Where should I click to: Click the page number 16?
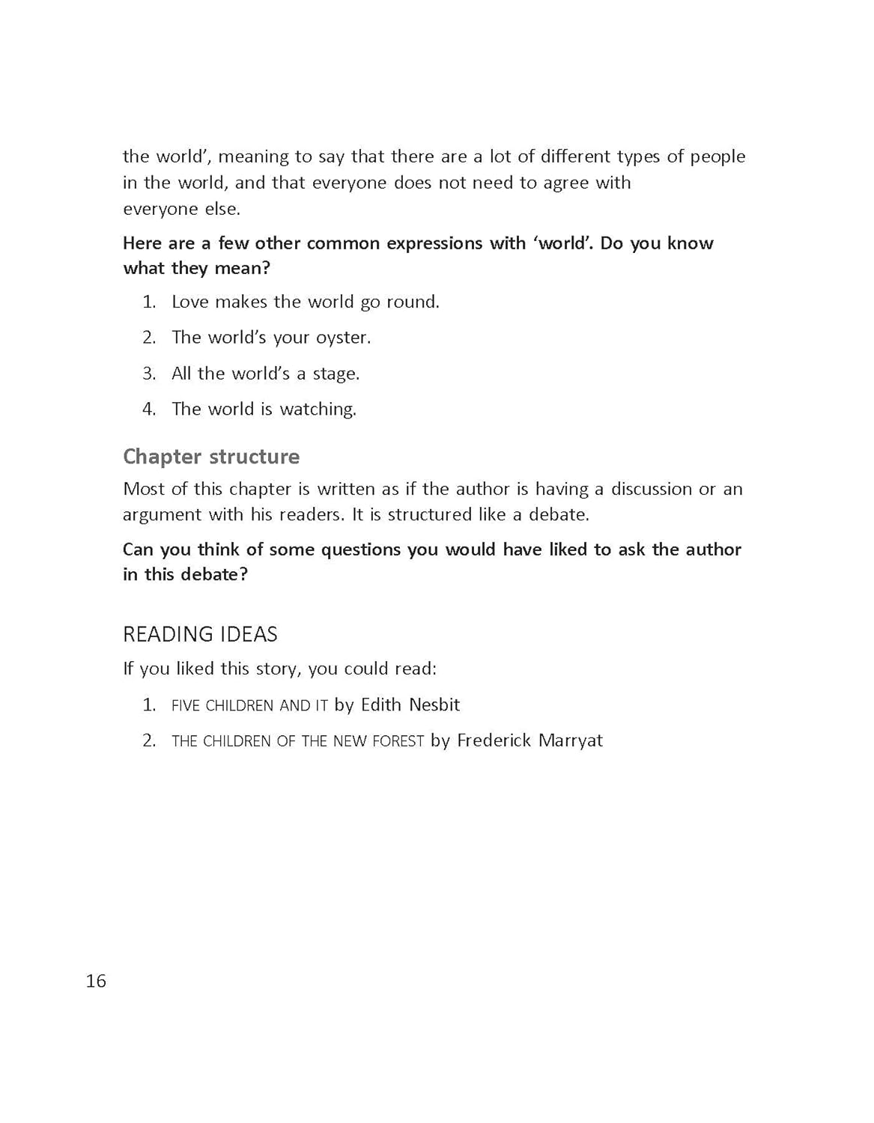(96, 981)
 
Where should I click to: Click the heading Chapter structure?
(211, 457)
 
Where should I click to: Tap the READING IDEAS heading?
(200, 634)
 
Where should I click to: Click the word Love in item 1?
(190, 302)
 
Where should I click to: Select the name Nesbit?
(434, 704)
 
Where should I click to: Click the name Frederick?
(492, 740)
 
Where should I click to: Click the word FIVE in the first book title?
(186, 705)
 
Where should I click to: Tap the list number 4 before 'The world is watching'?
(149, 410)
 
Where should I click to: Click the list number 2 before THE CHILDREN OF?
(149, 740)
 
